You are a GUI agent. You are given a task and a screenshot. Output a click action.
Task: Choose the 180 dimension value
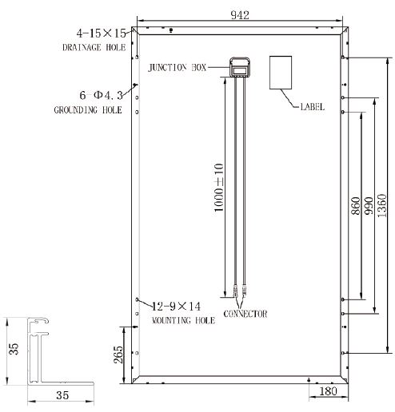[x=327, y=392]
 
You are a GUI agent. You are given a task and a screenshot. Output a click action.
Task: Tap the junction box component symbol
[x=238, y=67]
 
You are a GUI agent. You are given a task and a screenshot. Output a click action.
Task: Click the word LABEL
[x=312, y=106]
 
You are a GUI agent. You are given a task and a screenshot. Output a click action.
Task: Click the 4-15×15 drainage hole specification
[x=101, y=34]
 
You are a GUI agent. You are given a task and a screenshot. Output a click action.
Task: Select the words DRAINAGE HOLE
[x=94, y=48]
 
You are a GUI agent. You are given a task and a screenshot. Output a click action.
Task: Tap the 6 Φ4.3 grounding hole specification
[x=100, y=94]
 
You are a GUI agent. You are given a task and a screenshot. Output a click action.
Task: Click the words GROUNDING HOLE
[x=87, y=109]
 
